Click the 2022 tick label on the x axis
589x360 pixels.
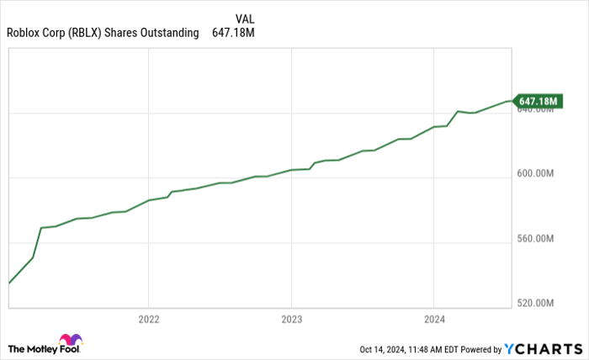(148, 320)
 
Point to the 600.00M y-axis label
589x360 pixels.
(534, 174)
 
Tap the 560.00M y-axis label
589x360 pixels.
(534, 239)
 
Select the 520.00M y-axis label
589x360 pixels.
(534, 303)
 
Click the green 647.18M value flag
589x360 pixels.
(537, 102)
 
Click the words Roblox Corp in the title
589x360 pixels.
(34, 34)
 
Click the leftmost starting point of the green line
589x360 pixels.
(8, 283)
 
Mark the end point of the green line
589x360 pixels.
(511, 101)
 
